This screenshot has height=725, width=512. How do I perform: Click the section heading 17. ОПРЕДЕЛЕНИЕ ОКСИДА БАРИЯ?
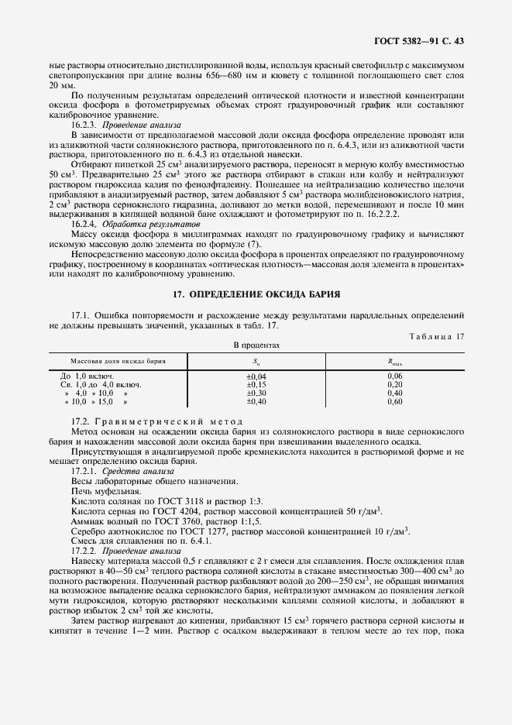[x=256, y=295]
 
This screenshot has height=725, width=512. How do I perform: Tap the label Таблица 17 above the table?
[x=438, y=335]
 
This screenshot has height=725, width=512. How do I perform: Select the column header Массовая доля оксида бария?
[x=118, y=361]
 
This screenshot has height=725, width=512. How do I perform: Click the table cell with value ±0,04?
[x=256, y=376]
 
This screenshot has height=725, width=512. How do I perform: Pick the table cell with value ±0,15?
[x=256, y=384]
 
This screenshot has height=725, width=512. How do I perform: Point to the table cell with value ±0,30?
[x=256, y=393]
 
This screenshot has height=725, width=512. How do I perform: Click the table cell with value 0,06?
[x=394, y=376]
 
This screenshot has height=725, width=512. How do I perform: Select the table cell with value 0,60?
[x=394, y=402]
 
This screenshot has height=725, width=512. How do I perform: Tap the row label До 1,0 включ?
[x=87, y=376]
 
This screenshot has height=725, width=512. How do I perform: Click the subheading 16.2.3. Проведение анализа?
[x=125, y=124]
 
